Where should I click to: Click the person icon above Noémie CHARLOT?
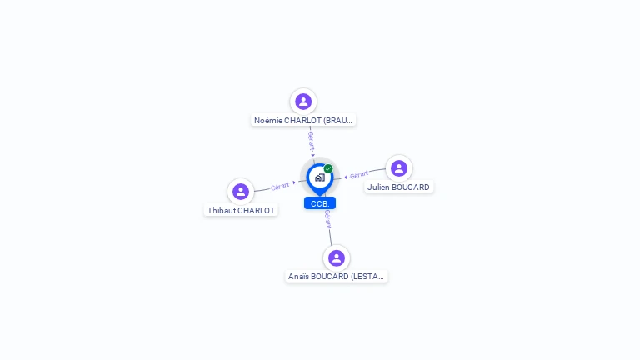[303, 102]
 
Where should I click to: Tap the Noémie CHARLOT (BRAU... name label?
[303, 120]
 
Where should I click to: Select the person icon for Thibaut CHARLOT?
[241, 192]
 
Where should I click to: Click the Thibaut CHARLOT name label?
[241, 211]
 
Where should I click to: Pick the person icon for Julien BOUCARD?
[399, 168]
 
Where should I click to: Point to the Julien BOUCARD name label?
[398, 187]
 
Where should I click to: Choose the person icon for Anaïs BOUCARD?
[337, 257]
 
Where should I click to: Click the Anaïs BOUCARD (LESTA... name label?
[337, 276]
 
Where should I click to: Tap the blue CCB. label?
[320, 203]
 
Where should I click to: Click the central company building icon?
[319, 177]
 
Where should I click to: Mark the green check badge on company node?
[328, 168]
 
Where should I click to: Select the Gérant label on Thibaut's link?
[280, 186]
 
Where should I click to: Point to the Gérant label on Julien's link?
[359, 175]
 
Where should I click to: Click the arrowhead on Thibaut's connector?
[294, 182]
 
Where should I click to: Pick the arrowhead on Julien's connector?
[346, 177]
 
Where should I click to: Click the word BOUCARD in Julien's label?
[411, 187]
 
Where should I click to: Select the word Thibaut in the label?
[222, 211]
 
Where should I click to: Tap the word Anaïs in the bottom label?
[298, 276]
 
